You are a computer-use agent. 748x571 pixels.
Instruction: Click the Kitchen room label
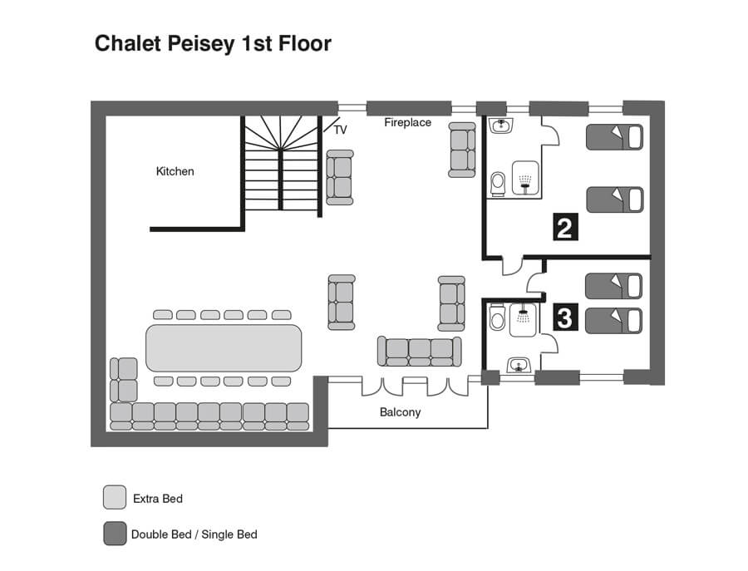[175, 171]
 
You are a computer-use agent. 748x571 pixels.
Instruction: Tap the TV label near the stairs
[340, 130]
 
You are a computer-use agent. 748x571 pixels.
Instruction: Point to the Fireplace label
[407, 123]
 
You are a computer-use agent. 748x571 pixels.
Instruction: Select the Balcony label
[401, 412]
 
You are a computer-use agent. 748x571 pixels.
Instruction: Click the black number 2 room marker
[565, 227]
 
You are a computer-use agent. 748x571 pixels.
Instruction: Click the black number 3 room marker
[565, 317]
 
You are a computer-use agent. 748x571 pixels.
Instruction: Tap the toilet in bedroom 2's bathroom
[498, 185]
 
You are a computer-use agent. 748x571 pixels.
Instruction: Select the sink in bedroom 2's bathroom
[501, 126]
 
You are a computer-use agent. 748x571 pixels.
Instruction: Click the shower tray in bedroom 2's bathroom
[526, 178]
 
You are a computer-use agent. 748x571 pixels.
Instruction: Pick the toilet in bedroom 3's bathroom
[497, 317]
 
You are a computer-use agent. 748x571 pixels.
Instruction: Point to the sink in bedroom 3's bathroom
[519, 366]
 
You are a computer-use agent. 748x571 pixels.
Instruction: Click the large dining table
[224, 348]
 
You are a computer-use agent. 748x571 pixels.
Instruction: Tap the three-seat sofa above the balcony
[420, 351]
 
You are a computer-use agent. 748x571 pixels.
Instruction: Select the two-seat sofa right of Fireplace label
[462, 150]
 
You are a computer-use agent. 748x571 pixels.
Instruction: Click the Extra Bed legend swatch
[115, 498]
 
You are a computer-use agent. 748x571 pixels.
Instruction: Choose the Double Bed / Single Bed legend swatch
[115, 534]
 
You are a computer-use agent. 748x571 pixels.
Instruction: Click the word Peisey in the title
[201, 43]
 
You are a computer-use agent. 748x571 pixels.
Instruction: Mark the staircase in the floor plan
[282, 165]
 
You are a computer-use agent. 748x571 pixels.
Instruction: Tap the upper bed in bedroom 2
[614, 137]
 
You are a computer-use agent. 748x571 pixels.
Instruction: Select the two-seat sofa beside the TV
[340, 178]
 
